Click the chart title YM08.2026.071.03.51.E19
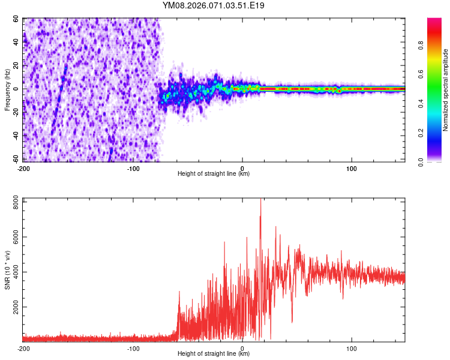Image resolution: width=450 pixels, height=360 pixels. point(214,5)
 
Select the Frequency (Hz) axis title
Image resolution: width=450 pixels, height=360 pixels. point(7,90)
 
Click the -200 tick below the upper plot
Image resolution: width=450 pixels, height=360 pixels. point(24,167)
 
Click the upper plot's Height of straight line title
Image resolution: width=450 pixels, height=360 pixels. point(214,174)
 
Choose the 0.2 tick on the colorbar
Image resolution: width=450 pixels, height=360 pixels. point(439,132)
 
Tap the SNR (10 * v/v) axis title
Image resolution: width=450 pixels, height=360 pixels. point(7,269)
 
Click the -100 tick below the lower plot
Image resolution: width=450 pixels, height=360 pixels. point(133,348)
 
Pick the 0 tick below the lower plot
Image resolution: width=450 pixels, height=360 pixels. point(242,348)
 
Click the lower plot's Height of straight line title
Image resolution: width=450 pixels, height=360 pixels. point(214,355)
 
